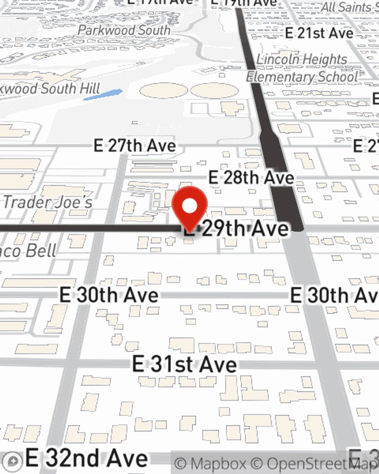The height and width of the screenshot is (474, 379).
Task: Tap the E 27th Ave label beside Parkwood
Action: click(135, 146)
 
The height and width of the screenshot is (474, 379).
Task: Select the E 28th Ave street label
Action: click(251, 177)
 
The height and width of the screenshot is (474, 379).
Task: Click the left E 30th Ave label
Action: click(109, 295)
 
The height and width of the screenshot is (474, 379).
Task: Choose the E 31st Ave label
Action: click(185, 364)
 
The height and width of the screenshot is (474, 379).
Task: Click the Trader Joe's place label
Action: click(48, 202)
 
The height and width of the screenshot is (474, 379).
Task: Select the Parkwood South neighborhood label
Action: click(124, 30)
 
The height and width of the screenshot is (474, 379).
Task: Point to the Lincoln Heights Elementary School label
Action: click(302, 68)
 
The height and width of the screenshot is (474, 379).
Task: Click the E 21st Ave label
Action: click(319, 33)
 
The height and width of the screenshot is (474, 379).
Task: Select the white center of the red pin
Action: click(190, 206)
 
